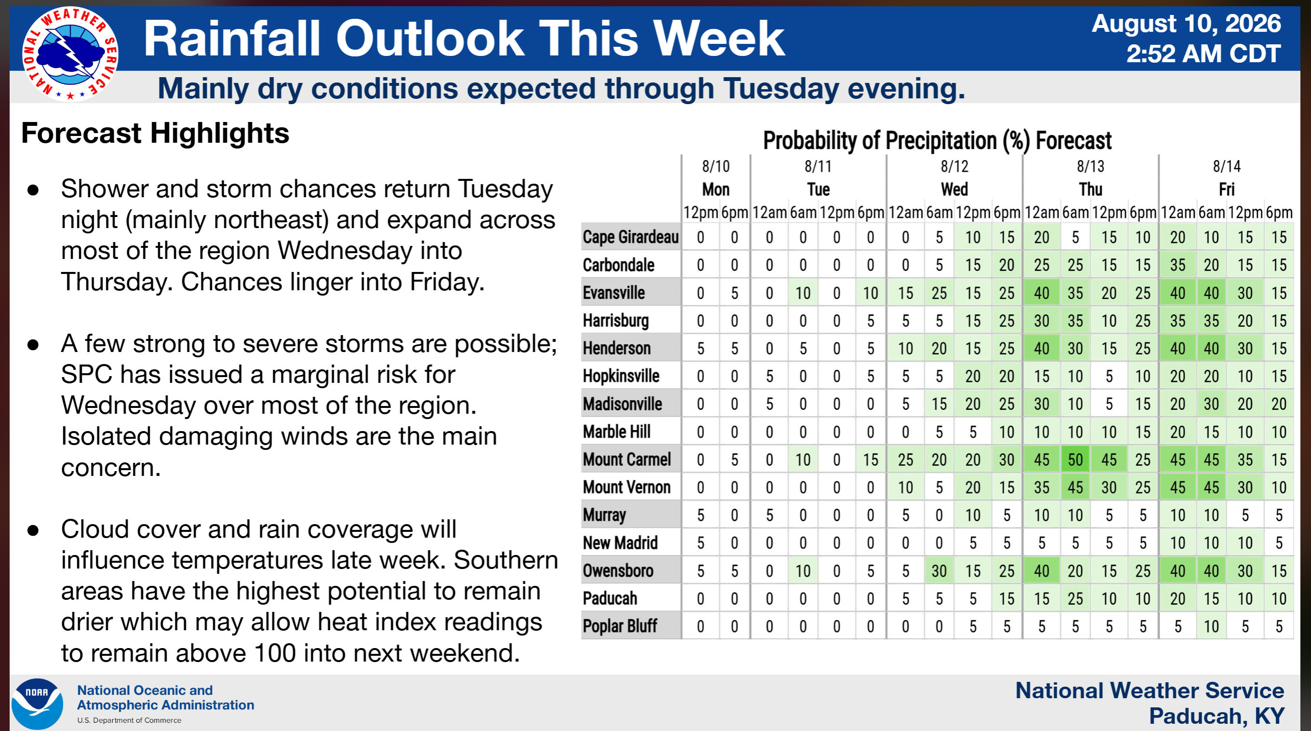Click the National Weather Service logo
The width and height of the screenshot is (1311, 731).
pyautogui.click(x=70, y=54)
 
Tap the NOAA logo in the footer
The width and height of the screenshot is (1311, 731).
pyautogui.click(x=37, y=704)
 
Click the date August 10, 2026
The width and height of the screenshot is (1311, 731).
pyautogui.click(x=1186, y=24)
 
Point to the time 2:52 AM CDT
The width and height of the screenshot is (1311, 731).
pyautogui.click(x=1203, y=54)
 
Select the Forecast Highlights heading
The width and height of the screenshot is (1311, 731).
pyautogui.click(x=155, y=134)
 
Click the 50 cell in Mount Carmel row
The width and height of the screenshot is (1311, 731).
pyautogui.click(x=1075, y=460)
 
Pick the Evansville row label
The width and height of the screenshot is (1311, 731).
pyautogui.click(x=614, y=293)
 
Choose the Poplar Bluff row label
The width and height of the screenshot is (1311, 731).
pyautogui.click(x=620, y=626)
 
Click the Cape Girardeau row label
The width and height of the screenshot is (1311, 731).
pyautogui.click(x=631, y=237)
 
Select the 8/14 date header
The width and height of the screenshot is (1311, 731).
pyautogui.click(x=1227, y=166)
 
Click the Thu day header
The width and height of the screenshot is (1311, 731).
pyautogui.click(x=1091, y=190)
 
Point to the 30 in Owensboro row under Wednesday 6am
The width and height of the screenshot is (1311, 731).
pyautogui.click(x=939, y=570)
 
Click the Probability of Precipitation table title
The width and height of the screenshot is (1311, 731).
pyautogui.click(x=937, y=141)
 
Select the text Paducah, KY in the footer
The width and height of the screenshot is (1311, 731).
pyautogui.click(x=1217, y=716)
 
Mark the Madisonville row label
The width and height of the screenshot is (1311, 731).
pyautogui.click(x=622, y=404)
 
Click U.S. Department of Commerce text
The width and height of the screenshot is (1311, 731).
pyautogui.click(x=129, y=720)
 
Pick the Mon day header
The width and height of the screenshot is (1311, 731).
pyautogui.click(x=715, y=190)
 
